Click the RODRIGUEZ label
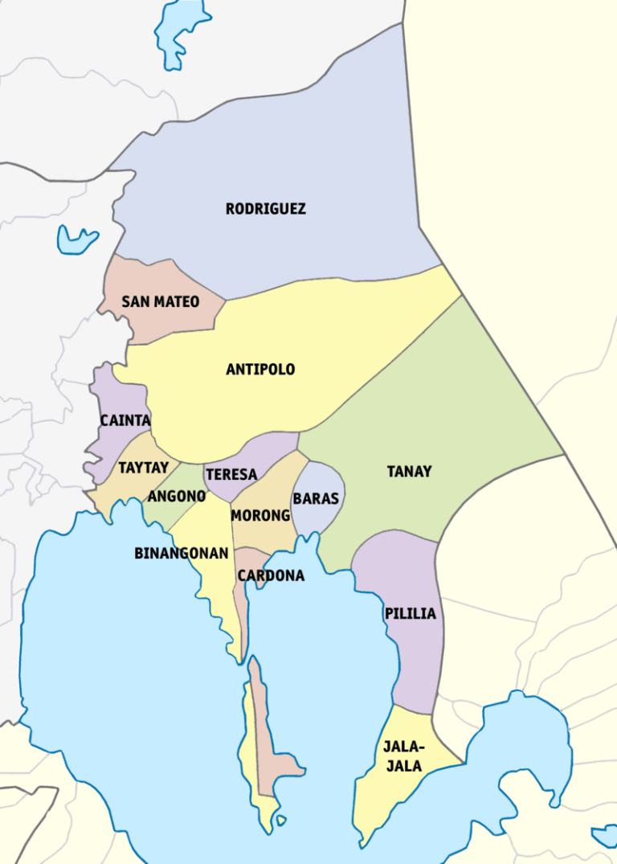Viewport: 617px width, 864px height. pos(265,209)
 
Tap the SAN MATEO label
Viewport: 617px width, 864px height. pos(161,302)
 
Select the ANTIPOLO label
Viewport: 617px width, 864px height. pos(260,370)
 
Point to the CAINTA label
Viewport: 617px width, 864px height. pos(125,420)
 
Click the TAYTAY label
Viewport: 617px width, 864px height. pos(144,468)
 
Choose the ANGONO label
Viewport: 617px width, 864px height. pos(177,497)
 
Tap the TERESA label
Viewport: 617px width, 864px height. pos(231,474)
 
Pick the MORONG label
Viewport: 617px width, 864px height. pos(260,515)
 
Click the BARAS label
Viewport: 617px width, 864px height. pos(316,498)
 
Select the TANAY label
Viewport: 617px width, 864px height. pos(410,472)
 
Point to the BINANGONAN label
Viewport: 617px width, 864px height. pos(182,554)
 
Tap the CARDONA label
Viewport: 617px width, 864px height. pos(271,575)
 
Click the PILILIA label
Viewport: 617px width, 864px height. pos(411,614)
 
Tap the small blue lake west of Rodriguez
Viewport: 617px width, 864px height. pos(76,239)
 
